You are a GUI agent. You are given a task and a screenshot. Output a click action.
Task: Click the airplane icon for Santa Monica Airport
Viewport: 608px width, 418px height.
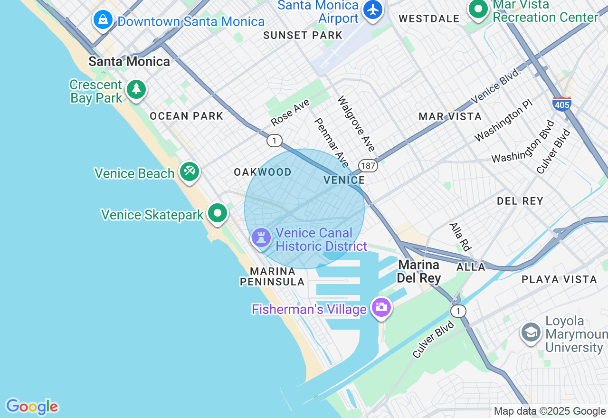373,9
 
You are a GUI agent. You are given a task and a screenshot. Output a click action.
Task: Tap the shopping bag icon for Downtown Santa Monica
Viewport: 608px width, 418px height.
103,20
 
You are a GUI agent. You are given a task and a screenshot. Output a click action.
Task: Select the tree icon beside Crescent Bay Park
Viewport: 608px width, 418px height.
136,89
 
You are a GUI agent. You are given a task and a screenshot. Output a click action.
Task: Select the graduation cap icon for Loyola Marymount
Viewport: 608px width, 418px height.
531,332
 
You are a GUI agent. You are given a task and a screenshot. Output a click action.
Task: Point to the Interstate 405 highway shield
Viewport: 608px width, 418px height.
562,104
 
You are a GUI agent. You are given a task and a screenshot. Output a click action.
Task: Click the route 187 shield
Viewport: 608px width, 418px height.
368,166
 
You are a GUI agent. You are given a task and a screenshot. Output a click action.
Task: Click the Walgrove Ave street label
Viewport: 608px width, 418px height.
356,123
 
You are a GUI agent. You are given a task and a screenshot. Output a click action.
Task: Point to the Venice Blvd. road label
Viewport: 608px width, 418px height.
496,86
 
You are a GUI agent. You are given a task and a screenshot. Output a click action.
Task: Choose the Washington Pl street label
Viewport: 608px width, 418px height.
503,121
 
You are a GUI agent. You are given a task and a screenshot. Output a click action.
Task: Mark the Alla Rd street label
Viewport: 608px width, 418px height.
459,237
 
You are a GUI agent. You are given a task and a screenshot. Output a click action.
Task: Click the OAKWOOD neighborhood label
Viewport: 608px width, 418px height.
263,172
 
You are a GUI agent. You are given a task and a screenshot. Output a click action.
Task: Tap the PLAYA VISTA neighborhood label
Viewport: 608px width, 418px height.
559,279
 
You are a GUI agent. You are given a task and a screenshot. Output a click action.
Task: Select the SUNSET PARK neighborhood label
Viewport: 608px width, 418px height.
303,35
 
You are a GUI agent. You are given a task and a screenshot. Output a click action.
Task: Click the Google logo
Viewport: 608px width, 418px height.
32,407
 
